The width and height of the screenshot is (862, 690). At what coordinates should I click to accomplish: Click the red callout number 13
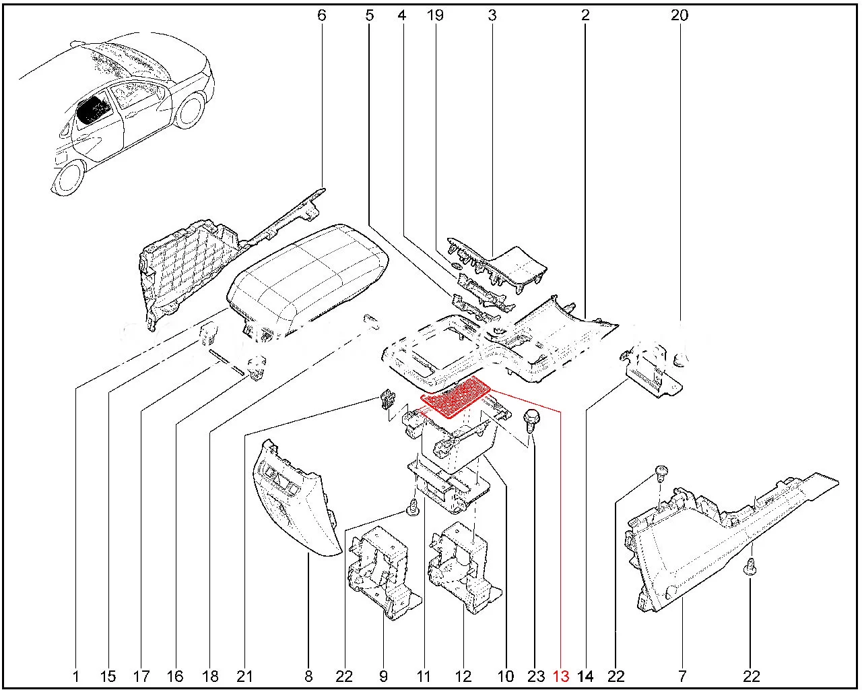561,676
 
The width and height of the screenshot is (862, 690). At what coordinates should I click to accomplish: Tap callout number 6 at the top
321,15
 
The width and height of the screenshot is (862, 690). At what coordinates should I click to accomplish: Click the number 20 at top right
679,15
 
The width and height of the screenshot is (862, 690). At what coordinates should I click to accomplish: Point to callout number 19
436,15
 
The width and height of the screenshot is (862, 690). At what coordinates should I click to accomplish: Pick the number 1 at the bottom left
75,676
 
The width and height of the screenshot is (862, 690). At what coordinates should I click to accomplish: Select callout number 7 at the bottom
682,676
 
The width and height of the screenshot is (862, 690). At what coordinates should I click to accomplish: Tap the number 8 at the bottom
309,676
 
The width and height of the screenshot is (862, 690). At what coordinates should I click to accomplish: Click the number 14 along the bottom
586,676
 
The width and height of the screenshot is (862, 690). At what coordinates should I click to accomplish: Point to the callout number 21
244,676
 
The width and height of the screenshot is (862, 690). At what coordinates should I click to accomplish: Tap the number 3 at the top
492,15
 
